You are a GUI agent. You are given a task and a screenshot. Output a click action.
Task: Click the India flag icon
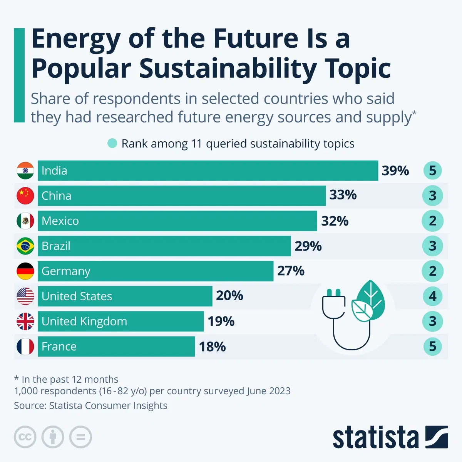[25, 171]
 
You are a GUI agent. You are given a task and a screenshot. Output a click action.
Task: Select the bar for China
[181, 196]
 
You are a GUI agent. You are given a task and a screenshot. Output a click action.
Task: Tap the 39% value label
[395, 171]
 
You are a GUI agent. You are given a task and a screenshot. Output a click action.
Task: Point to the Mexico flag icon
[25, 221]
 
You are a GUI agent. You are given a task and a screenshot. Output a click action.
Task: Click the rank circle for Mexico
[432, 221]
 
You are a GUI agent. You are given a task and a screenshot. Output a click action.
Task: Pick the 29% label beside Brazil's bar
[308, 246]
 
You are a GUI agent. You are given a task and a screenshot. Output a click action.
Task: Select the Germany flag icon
[25, 271]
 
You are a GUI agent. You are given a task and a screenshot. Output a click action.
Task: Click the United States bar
[125, 296]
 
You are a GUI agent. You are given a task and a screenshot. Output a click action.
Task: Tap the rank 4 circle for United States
[432, 296]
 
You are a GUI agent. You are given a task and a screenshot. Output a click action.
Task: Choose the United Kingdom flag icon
[25, 321]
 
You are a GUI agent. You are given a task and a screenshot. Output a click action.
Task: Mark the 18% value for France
[212, 346]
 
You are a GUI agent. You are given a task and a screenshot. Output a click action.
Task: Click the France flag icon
[25, 346]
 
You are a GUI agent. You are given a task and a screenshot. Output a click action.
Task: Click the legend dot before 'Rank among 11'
[112, 144]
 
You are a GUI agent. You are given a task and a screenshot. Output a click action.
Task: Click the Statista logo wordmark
[375, 437]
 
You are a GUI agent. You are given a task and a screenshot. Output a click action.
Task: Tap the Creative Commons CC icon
[25, 437]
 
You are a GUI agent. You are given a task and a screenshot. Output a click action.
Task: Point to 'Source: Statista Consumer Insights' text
[90, 405]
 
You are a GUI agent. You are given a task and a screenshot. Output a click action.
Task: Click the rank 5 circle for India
[432, 171]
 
